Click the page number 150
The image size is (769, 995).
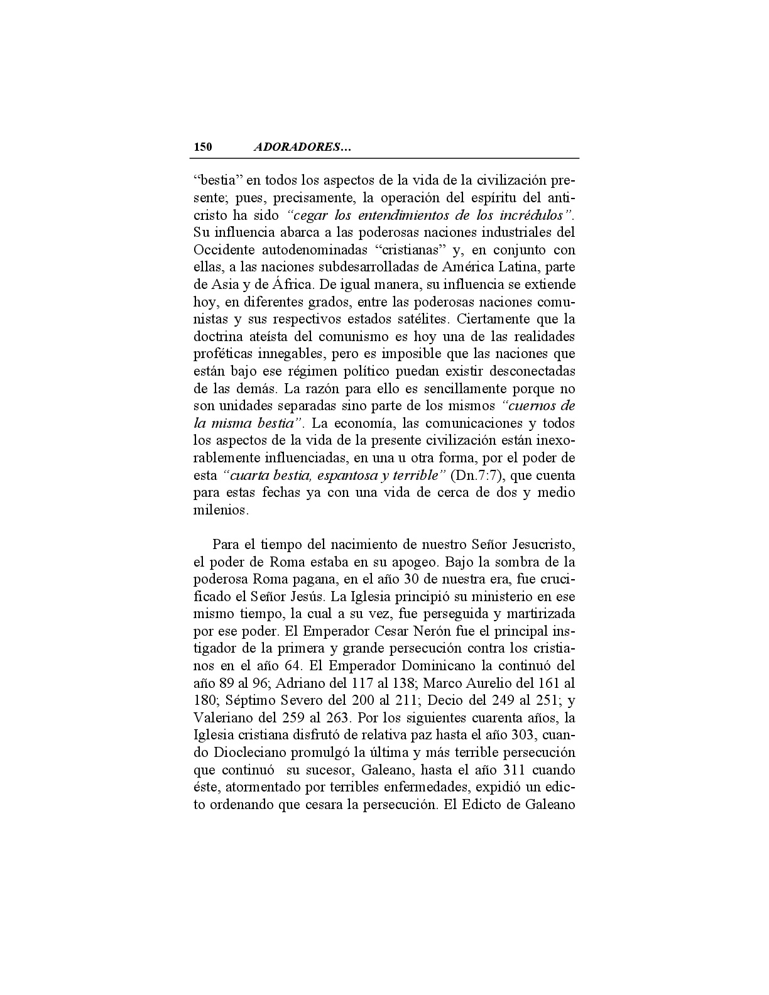203,148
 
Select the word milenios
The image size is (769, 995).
221,510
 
